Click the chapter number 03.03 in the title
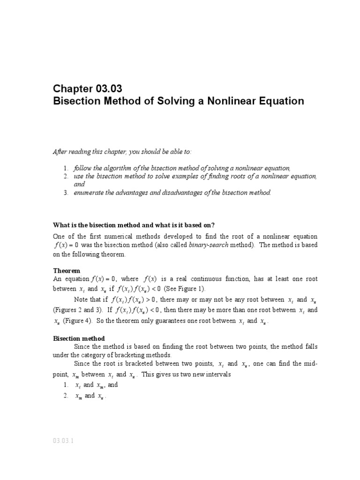coord(107,88)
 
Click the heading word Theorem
coord(67,271)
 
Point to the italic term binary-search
coord(209,245)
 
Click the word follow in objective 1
coord(82,168)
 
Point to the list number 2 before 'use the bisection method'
coord(66,176)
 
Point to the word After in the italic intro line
coord(59,152)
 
